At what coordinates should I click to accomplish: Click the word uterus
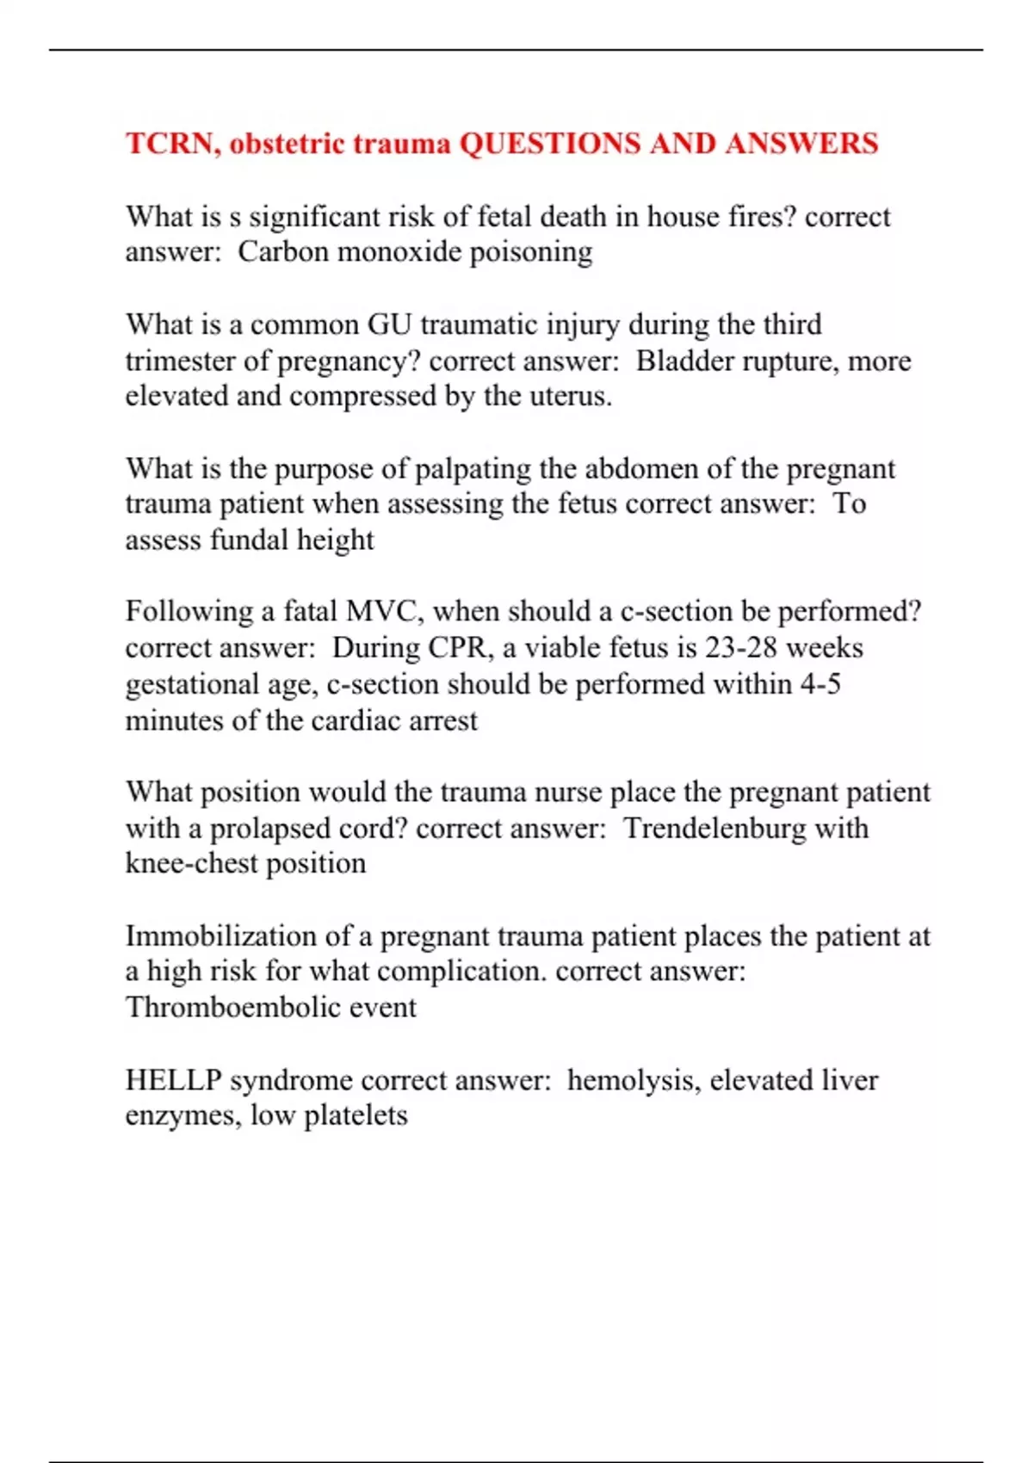[x=571, y=397]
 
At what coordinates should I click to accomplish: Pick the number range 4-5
[x=820, y=684]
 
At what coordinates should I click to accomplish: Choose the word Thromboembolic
[x=219, y=1008]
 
